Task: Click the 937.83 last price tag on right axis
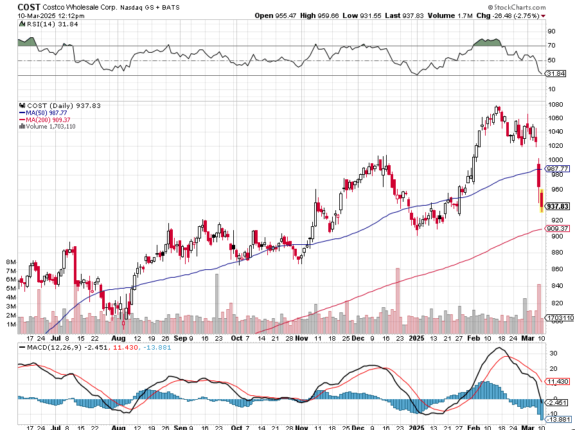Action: click(558, 206)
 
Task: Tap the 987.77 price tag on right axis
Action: click(558, 168)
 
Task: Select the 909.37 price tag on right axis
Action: click(558, 228)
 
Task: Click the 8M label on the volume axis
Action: click(11, 262)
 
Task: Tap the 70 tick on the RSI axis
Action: click(551, 46)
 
